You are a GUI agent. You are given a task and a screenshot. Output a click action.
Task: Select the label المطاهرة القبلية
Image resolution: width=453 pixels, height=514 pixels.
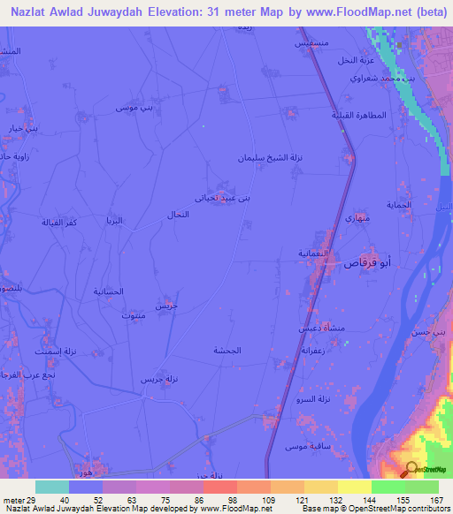pos(359,116)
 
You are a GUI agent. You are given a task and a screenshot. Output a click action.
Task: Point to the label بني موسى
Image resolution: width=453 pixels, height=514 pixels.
pos(134,108)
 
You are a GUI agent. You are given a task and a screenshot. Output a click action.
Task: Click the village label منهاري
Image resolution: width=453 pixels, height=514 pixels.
pos(356,218)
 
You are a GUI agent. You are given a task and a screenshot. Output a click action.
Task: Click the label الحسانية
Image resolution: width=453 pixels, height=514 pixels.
pos(109,291)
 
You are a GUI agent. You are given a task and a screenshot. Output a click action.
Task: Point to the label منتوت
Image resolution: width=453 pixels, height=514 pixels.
pos(131,314)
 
